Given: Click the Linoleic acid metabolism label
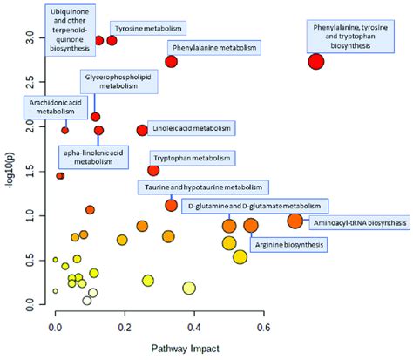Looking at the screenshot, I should [192, 129].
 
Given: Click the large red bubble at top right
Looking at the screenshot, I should [316, 61].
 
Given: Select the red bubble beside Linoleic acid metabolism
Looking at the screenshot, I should [142, 130].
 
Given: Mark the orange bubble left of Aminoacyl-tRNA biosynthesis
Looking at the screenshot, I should [295, 221].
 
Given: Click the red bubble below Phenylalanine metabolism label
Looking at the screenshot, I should [171, 62].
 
